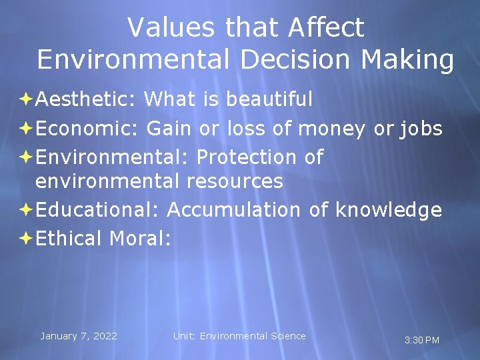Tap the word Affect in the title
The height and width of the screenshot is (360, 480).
pos(327,28)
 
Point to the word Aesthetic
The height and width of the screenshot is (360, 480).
pos(86,99)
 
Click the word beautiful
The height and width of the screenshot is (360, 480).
pos(269,99)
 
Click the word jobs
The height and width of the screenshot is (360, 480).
pos(421,127)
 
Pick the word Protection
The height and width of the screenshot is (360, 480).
pos(247,157)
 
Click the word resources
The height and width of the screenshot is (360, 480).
pos(235,181)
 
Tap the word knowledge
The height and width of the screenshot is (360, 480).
pos(389,209)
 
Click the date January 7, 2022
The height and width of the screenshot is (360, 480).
pos(79,336)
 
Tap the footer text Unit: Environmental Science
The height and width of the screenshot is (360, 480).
pos(239,336)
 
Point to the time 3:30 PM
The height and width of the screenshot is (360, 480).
pos(422,340)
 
